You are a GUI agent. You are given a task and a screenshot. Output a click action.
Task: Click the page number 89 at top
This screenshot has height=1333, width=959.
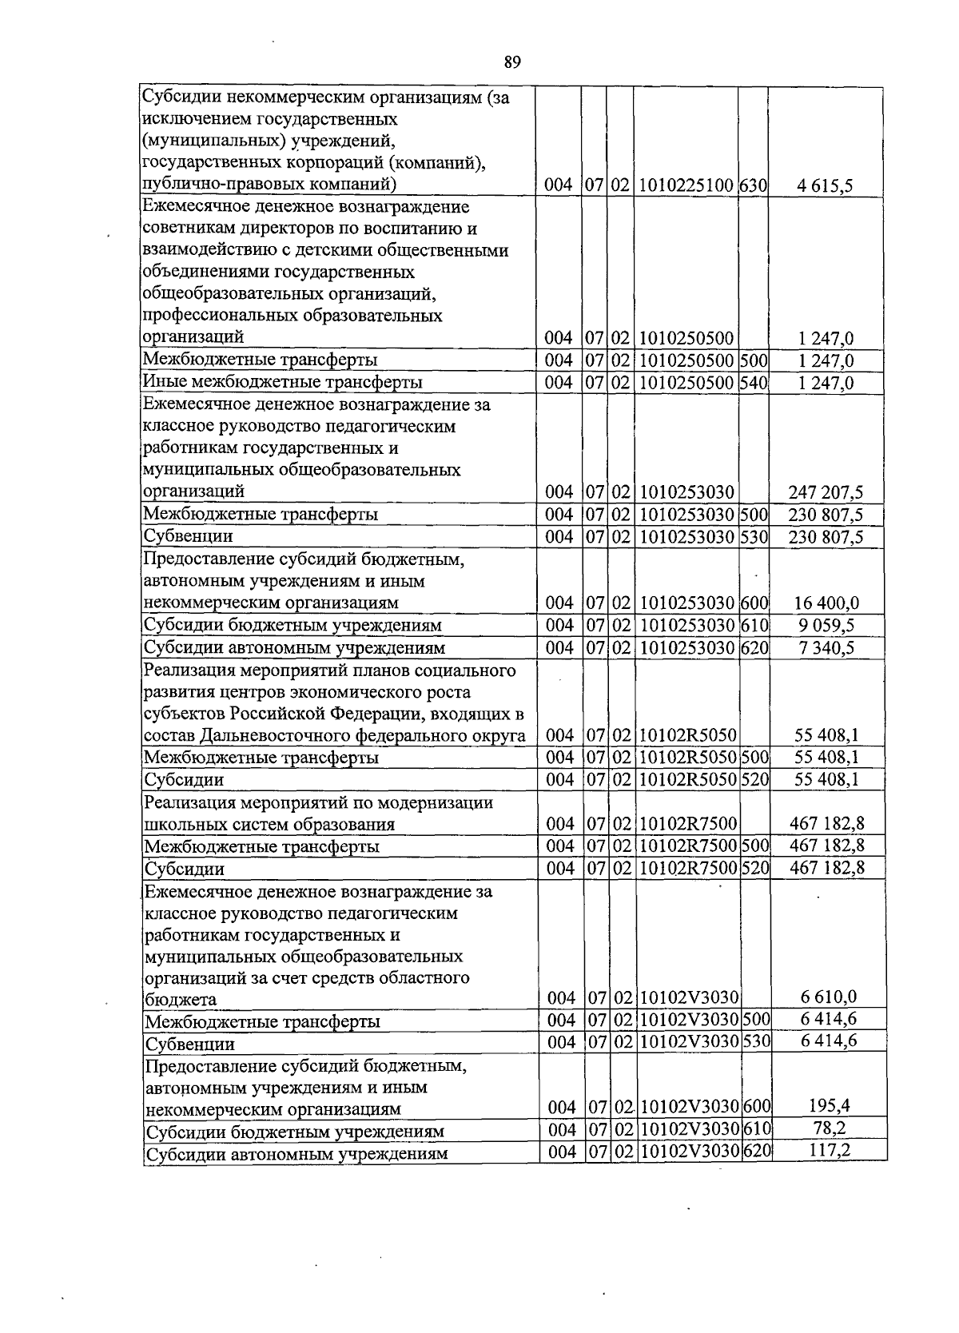tap(513, 62)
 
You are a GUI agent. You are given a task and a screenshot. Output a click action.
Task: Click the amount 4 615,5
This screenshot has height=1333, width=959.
tap(826, 186)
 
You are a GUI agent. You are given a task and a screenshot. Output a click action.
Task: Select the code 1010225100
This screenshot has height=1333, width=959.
tap(686, 186)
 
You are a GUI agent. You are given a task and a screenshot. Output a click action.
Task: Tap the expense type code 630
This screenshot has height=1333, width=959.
tap(753, 186)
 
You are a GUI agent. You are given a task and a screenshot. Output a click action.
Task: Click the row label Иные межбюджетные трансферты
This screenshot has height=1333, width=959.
tap(282, 383)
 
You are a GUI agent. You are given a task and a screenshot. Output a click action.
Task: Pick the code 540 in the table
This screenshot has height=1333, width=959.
tap(753, 383)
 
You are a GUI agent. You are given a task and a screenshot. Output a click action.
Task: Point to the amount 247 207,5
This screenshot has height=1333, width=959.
tap(826, 492)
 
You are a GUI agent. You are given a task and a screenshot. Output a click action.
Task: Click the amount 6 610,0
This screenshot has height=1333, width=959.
tap(828, 997)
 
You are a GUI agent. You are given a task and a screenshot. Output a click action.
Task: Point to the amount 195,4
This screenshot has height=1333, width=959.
tap(828, 1107)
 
